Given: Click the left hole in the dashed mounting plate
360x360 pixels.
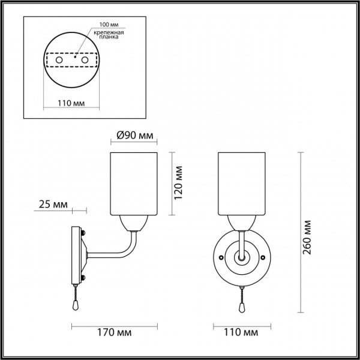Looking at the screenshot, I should click(x=58, y=61).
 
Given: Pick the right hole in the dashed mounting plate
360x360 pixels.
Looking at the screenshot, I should click(x=85, y=61).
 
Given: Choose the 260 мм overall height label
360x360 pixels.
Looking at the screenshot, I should click(x=308, y=235).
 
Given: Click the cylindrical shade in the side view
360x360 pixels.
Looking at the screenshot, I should click(x=134, y=184).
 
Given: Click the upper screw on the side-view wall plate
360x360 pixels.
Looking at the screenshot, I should click(x=83, y=234).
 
